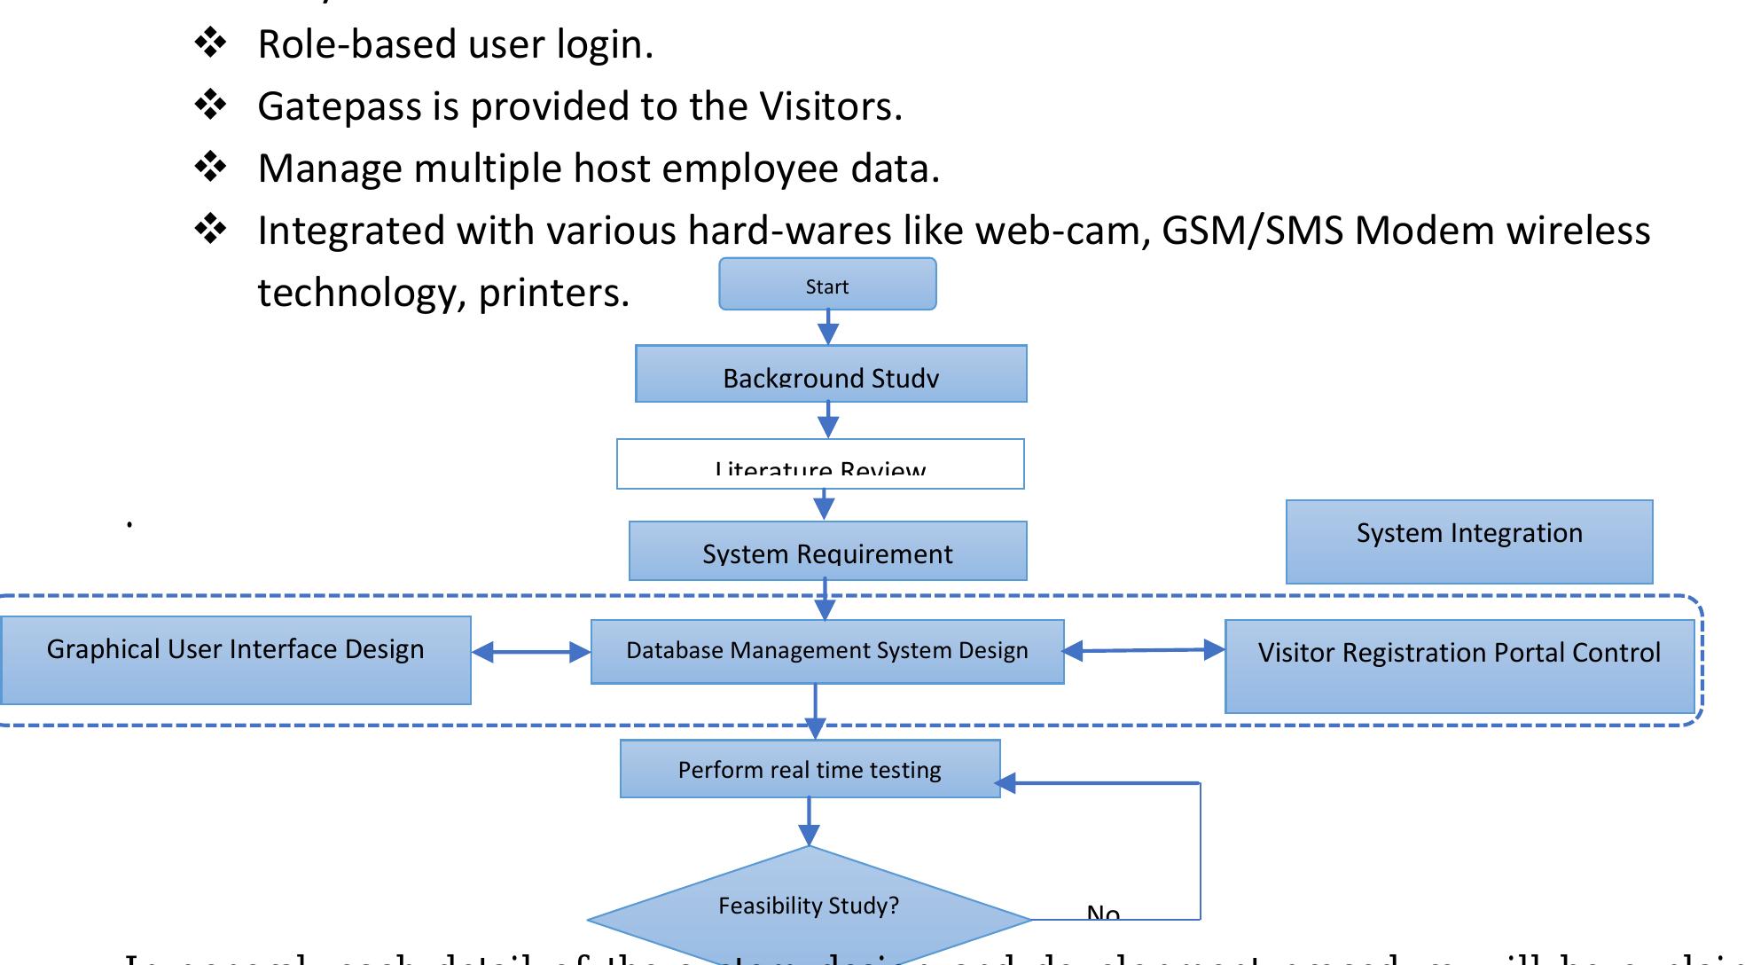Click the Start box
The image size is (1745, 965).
(827, 285)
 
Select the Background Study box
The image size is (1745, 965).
(831, 373)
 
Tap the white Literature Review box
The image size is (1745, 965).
(820, 464)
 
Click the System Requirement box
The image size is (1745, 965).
(827, 551)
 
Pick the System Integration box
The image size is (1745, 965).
(1469, 542)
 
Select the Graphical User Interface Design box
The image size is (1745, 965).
(235, 660)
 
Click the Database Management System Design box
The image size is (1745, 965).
(827, 652)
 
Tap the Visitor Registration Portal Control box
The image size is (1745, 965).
(1459, 666)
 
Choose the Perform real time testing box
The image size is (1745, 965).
(810, 769)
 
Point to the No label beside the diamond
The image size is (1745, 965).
(1103, 913)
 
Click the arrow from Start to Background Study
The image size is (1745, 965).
(828, 327)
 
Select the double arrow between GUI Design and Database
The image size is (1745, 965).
(530, 653)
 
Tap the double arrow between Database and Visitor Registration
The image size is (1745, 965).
(1144, 651)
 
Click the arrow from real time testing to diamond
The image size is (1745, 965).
(809, 821)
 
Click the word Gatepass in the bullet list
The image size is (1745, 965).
(339, 106)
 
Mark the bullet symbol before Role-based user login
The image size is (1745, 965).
(211, 43)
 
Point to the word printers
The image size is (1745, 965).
(553, 293)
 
